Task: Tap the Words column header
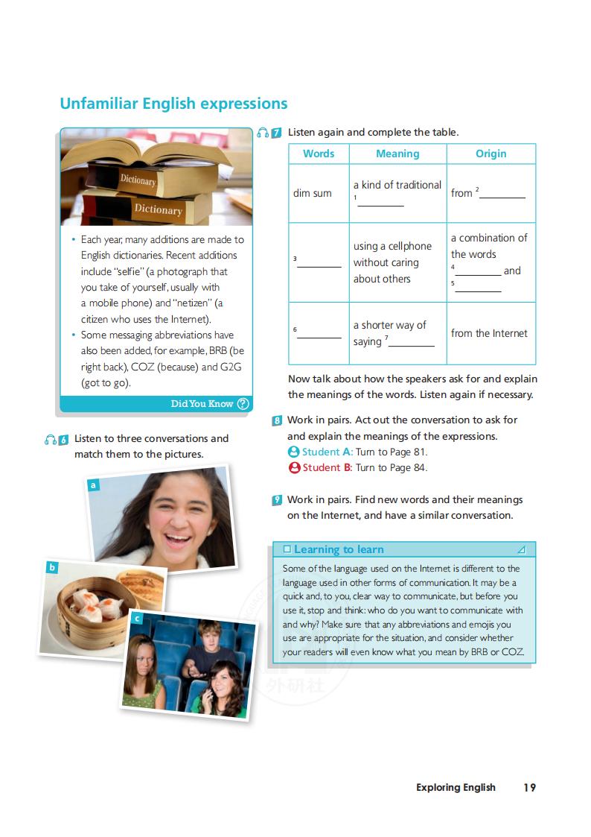(x=319, y=154)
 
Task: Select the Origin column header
(x=491, y=154)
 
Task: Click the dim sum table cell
(x=313, y=193)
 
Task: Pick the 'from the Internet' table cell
(x=489, y=333)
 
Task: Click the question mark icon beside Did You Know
(x=243, y=403)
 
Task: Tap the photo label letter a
(x=94, y=485)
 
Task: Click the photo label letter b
(x=52, y=567)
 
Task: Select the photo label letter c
(x=137, y=618)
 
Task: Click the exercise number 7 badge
(x=276, y=133)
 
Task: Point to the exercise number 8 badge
(x=277, y=420)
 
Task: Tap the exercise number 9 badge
(x=277, y=500)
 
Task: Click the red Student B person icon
(x=294, y=468)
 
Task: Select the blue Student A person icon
(x=294, y=452)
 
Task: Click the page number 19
(x=529, y=787)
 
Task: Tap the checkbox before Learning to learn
(x=287, y=549)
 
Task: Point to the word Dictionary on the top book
(x=138, y=180)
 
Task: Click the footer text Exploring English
(x=456, y=787)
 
